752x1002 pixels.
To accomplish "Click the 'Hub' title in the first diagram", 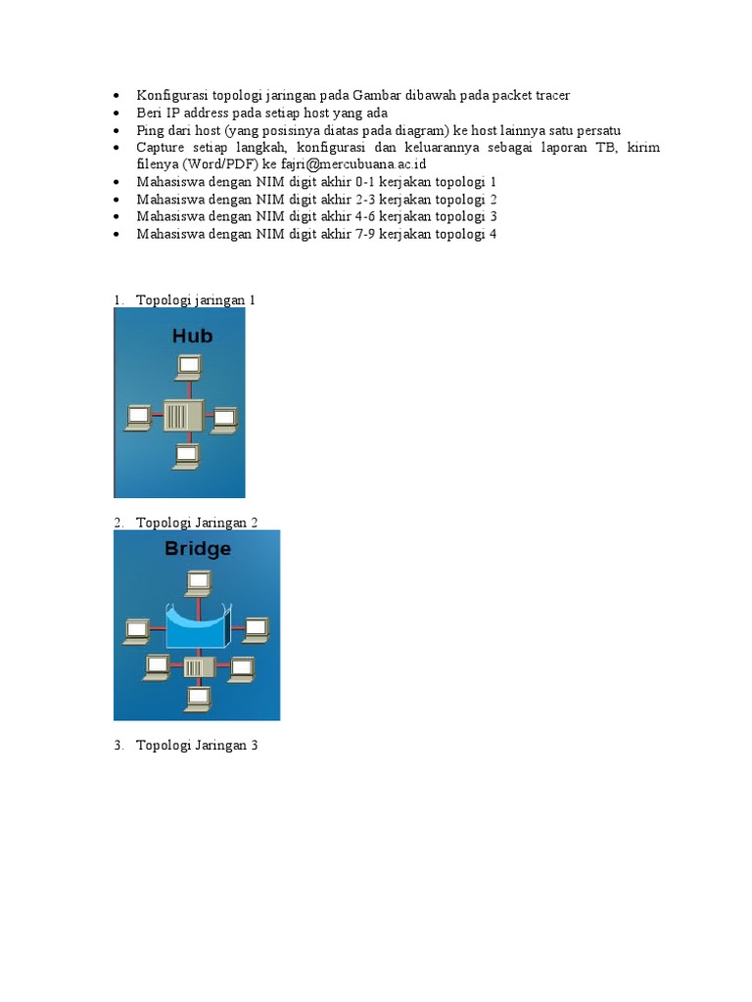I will pos(192,336).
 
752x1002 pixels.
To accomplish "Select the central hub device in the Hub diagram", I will pos(182,415).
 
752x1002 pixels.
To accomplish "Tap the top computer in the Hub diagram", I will pos(187,367).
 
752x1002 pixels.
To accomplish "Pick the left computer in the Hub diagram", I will pos(137,417).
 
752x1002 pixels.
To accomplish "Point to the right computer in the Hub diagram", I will pos(225,418).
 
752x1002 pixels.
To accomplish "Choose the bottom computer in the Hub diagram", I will pos(185,455).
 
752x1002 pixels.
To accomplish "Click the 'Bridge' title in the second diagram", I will pos(198,548).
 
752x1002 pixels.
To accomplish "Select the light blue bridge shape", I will pos(199,626).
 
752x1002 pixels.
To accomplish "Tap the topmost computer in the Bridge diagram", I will pos(199,583).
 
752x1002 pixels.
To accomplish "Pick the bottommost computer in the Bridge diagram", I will pos(199,698).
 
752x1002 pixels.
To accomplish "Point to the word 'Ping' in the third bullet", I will pos(150,130).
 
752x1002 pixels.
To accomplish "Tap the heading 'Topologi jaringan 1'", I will pos(195,300).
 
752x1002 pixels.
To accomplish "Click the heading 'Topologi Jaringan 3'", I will pos(197,746).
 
